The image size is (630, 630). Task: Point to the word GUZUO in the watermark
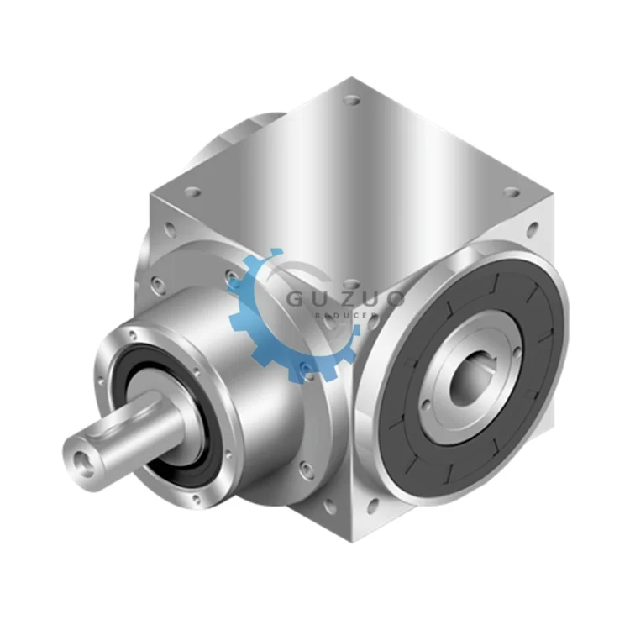[x=344, y=298]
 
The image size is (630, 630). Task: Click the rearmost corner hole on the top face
[x=352, y=100]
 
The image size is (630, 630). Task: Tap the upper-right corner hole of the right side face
[x=531, y=227]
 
